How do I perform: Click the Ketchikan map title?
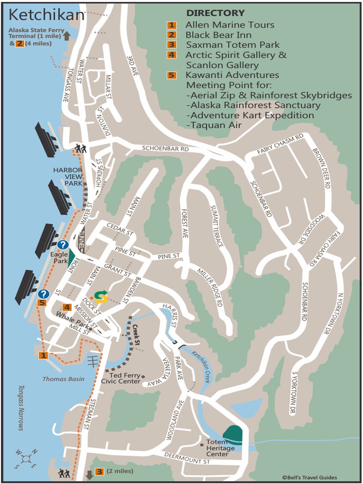click(46, 15)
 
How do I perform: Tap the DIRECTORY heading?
click(216, 13)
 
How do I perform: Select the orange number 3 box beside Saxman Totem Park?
click(172, 45)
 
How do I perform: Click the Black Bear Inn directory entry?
click(218, 35)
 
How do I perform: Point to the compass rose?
click(27, 458)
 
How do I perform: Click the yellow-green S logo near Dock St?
click(100, 296)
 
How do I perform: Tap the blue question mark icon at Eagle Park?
click(63, 244)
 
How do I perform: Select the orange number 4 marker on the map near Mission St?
click(67, 307)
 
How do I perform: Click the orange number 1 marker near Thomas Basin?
click(43, 355)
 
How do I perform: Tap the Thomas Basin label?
click(63, 379)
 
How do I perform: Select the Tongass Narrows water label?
click(21, 407)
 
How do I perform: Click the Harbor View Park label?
click(68, 176)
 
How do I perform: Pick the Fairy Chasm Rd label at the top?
click(280, 144)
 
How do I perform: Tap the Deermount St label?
click(187, 457)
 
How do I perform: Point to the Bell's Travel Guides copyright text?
click(310, 477)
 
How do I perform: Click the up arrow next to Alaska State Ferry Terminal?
click(67, 35)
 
